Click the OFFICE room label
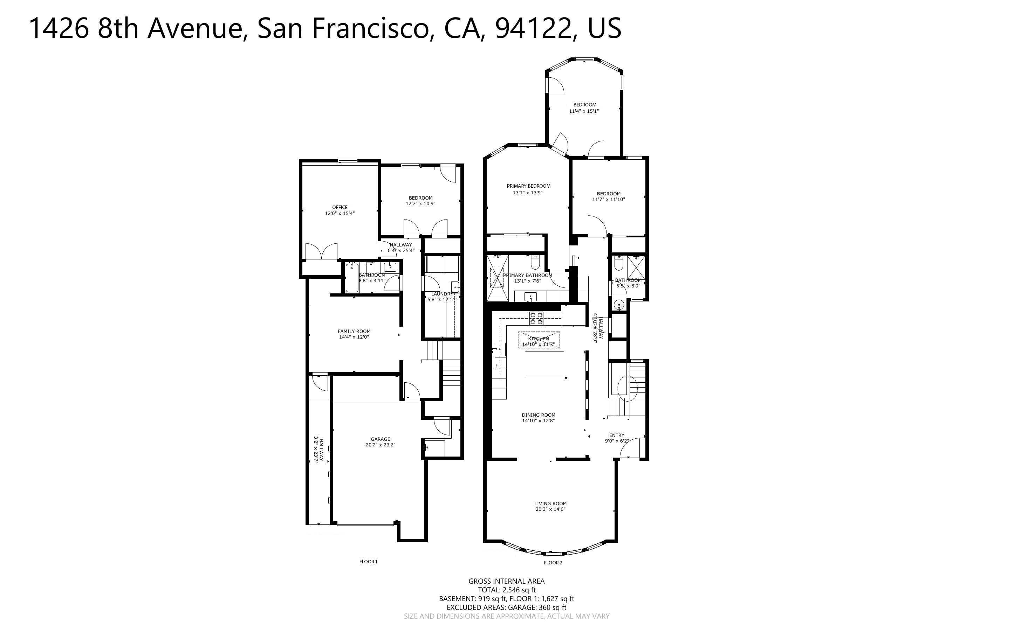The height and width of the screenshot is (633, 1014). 340,207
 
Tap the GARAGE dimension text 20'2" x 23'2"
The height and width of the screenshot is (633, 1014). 380,445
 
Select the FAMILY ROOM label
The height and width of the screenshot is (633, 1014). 354,331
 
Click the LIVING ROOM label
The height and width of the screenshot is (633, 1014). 550,504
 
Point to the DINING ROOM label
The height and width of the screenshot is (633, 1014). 538,415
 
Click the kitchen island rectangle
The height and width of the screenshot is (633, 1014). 544,365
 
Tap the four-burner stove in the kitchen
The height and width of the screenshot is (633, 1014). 536,318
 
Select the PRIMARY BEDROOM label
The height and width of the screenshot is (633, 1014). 529,186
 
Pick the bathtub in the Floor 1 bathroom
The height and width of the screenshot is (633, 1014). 351,278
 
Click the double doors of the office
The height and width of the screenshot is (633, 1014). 321,252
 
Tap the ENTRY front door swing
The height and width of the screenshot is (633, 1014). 630,449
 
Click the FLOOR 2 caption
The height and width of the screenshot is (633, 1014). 553,563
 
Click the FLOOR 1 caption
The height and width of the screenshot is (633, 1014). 368,562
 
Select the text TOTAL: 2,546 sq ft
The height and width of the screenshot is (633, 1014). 506,590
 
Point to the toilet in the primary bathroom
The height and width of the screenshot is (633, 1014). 535,263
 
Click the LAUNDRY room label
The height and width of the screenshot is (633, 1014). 442,294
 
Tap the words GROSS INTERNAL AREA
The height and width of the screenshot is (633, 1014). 506,581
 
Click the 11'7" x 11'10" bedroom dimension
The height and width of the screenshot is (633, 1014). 608,200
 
